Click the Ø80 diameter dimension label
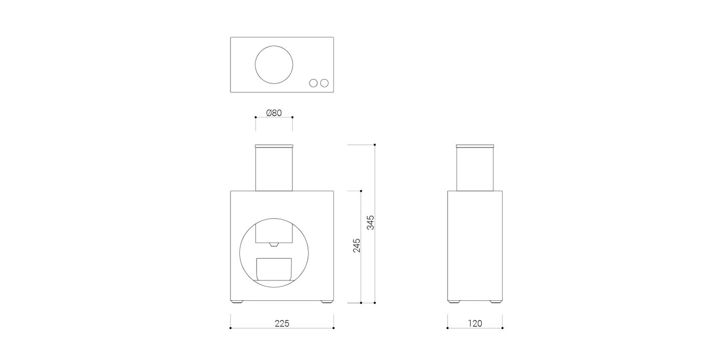click(x=274, y=113)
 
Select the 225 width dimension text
click(x=281, y=323)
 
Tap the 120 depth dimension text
click(x=475, y=323)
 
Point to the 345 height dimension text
click(x=370, y=222)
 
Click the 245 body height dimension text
click(x=357, y=246)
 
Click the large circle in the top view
click(x=274, y=65)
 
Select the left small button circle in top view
click(x=314, y=83)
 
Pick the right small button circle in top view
click(x=325, y=83)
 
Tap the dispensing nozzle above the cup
click(x=274, y=244)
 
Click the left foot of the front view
click(x=238, y=301)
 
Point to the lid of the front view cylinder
click(x=274, y=145)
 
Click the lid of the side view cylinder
click(x=475, y=145)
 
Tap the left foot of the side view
click(x=454, y=301)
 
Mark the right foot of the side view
click(x=496, y=301)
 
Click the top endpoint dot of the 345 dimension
click(x=374, y=145)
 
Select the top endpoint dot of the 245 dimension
click(x=361, y=191)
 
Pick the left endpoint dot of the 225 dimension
click(x=230, y=328)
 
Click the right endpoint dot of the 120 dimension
click(x=503, y=328)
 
